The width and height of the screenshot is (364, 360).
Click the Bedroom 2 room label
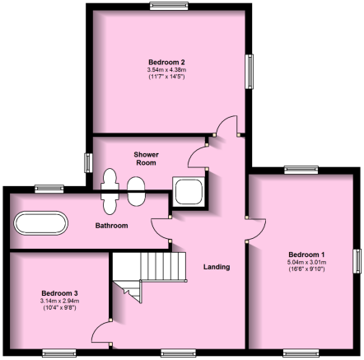click(166, 62)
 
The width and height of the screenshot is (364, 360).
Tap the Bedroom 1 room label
click(306, 255)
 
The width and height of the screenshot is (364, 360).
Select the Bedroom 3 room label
click(59, 293)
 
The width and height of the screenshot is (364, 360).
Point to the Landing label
click(217, 267)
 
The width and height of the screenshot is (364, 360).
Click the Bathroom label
click(111, 226)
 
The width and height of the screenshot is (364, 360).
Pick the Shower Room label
click(146, 159)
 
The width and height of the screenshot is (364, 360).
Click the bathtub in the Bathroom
click(41, 223)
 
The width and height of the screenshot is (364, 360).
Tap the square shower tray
click(189, 191)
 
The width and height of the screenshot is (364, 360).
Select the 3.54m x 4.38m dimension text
click(166, 70)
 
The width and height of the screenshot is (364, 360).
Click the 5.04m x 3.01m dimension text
click(307, 262)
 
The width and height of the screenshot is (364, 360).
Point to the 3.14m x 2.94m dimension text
click(59, 301)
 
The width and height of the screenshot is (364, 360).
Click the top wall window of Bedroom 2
click(169, 6)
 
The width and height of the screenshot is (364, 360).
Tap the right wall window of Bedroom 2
click(250, 72)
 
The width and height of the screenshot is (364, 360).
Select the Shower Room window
click(88, 163)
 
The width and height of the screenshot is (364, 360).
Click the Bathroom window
click(49, 189)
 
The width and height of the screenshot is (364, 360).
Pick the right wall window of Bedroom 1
click(357, 261)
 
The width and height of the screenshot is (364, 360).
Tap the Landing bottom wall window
click(178, 353)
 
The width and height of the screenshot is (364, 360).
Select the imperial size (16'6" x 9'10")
click(306, 269)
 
